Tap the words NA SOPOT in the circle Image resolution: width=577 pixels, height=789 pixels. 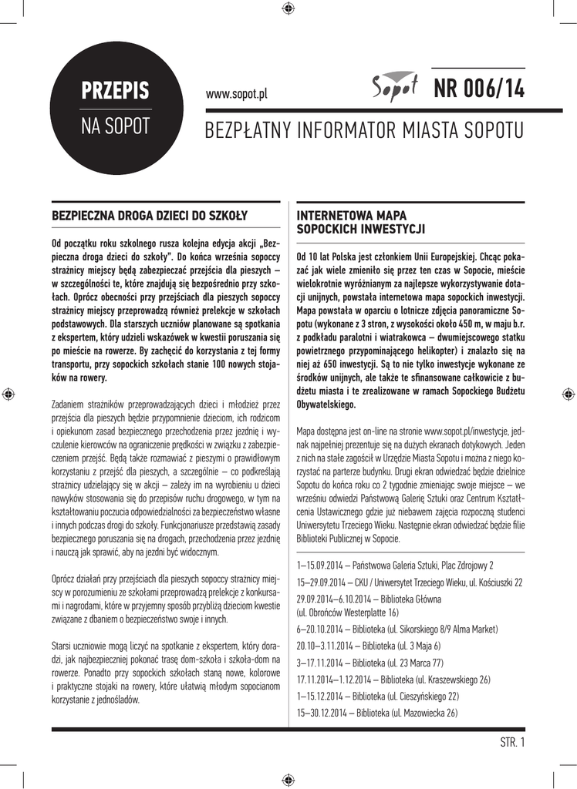(116, 127)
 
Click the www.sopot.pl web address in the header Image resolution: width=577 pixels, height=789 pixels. (236, 94)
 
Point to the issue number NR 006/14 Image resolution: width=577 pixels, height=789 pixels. (478, 89)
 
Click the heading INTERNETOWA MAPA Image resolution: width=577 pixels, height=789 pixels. (352, 215)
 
